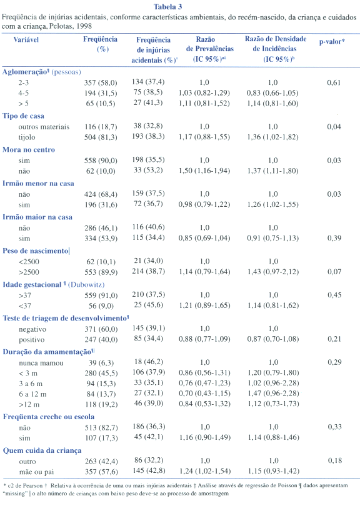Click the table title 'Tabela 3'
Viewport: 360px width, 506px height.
(168, 7)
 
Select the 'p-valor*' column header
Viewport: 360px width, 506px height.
(332, 42)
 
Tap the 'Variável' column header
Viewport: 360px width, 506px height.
(26, 39)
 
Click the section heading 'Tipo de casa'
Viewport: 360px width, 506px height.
(23, 116)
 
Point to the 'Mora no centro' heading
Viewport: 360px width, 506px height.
(29, 149)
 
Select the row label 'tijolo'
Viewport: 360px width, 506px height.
(27, 137)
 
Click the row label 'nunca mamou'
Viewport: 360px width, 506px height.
(41, 363)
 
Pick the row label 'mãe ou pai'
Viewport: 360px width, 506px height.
(36, 472)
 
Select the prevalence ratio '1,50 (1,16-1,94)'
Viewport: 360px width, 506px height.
(204, 171)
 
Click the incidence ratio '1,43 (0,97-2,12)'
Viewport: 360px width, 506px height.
(273, 272)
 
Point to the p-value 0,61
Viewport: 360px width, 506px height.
(334, 82)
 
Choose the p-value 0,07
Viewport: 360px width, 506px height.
(334, 272)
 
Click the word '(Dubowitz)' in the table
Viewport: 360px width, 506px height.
(86, 285)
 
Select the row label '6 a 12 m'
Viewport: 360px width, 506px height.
(32, 394)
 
